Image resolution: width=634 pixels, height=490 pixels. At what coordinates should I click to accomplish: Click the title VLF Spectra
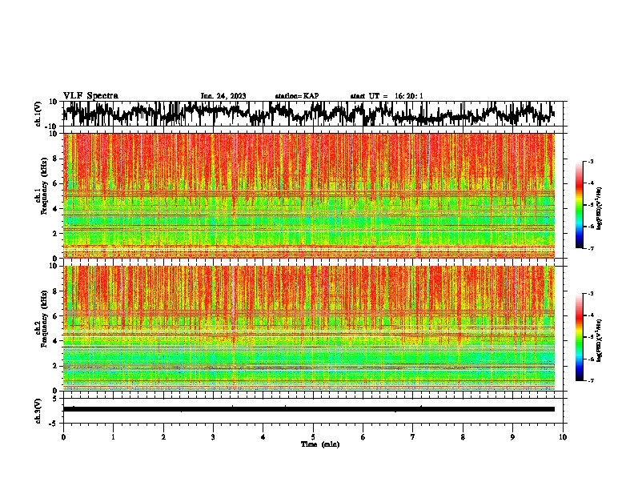[x=90, y=95]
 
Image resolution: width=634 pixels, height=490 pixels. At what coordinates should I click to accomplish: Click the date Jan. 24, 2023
[x=223, y=96]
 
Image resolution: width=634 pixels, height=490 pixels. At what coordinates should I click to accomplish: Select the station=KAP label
[x=296, y=96]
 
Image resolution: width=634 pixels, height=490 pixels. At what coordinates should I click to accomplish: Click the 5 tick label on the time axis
[x=313, y=437]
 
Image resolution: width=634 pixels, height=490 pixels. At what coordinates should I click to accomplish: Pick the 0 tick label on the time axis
[x=63, y=437]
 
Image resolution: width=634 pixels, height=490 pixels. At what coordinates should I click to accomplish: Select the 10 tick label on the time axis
[x=563, y=437]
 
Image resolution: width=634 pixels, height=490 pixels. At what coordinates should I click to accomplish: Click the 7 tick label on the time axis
[x=413, y=437]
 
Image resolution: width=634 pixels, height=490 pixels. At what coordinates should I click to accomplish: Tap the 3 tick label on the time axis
[x=213, y=437]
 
